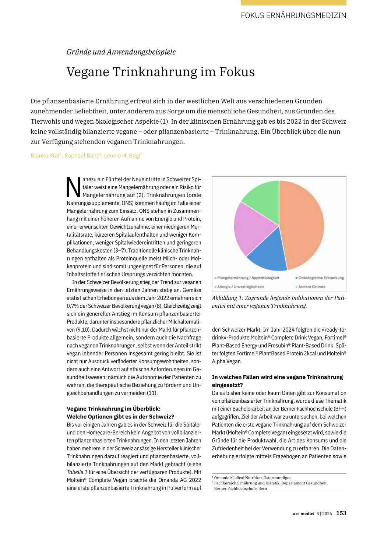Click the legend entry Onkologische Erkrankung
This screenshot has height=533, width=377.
coord(321,278)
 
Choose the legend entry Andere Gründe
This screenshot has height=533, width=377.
coord(311,287)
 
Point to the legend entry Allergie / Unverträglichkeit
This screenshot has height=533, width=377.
coord(240,287)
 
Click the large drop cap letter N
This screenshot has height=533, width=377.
coord(73,187)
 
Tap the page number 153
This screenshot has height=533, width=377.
coord(341,513)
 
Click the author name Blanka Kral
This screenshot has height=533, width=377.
coord(45,156)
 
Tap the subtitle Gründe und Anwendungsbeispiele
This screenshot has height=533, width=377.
coord(121,52)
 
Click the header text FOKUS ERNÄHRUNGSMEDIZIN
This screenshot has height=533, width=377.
coord(293,15)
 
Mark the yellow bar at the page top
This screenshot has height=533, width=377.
coord(293,3)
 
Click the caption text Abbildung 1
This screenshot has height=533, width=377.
coord(227,298)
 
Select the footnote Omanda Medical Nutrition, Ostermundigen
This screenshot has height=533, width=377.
coord(253,478)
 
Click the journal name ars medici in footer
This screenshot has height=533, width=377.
coord(303,513)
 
